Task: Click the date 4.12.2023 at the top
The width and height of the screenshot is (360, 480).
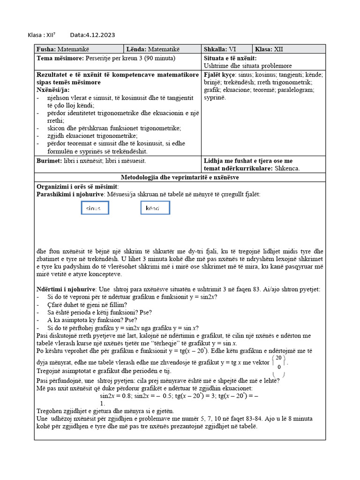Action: click(x=92, y=35)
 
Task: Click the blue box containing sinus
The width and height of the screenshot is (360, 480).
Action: click(x=95, y=208)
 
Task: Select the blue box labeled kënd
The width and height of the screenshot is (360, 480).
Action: click(x=155, y=208)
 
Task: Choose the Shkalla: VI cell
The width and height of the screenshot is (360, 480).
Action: click(x=226, y=49)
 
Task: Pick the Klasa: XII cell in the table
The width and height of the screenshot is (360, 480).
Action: click(x=289, y=49)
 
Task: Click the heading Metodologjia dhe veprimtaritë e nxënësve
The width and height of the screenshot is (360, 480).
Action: click(x=180, y=178)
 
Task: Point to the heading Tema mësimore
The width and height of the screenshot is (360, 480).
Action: click(x=60, y=58)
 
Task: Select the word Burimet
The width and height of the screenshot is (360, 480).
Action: click(x=49, y=160)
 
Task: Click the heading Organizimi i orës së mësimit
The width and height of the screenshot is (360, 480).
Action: click(x=78, y=187)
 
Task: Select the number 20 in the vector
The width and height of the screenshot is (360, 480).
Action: click(x=279, y=358)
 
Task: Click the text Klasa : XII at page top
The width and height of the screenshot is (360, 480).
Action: click(x=42, y=35)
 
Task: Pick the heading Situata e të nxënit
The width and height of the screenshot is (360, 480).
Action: click(x=230, y=58)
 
